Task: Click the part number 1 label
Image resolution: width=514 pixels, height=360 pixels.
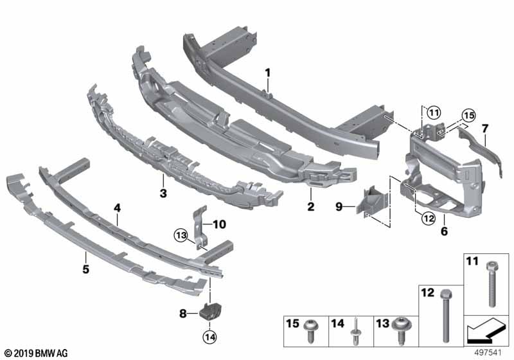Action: pyautogui.click(x=268, y=75)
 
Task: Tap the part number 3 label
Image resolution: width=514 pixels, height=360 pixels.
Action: pyautogui.click(x=163, y=193)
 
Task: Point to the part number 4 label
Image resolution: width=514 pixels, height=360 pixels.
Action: pyautogui.click(x=118, y=208)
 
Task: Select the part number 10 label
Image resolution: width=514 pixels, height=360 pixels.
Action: pyautogui.click(x=220, y=224)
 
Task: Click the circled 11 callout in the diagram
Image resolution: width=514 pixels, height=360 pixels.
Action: pyautogui.click(x=434, y=113)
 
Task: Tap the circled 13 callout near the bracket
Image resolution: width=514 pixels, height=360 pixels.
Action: pyautogui.click(x=181, y=236)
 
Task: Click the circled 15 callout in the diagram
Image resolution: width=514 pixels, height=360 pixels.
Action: pyautogui.click(x=468, y=116)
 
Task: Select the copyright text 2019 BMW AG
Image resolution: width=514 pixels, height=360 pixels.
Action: pyautogui.click(x=36, y=352)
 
